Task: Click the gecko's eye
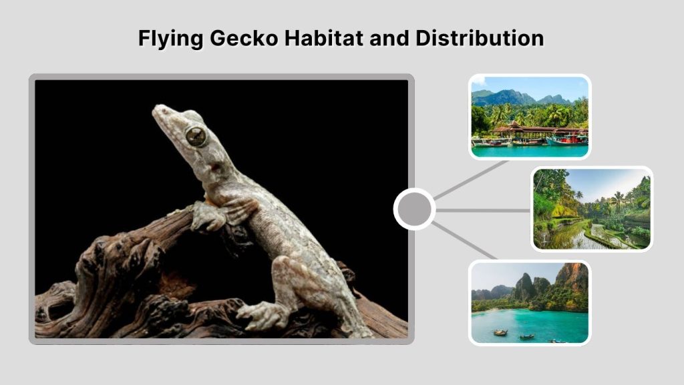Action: pyautogui.click(x=196, y=136)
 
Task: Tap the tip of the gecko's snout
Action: pyautogui.click(x=156, y=109)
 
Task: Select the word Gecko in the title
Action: pyautogui.click(x=243, y=38)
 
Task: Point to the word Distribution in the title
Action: pyautogui.click(x=480, y=38)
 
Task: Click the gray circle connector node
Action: pyautogui.click(x=414, y=209)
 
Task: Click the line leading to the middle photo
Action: pyautogui.click(x=482, y=210)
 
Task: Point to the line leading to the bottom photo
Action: pyautogui.click(x=464, y=240)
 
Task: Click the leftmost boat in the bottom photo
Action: pyautogui.click(x=500, y=332)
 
